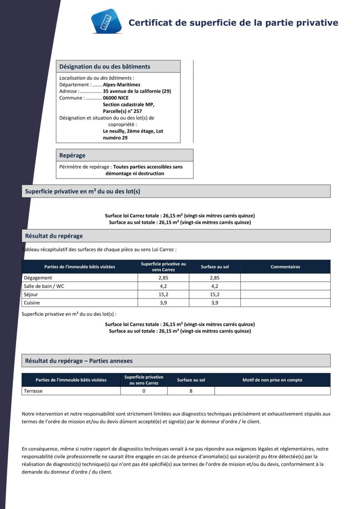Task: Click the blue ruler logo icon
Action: pyautogui.click(x=107, y=21)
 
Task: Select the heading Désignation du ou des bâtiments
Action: pyautogui.click(x=104, y=67)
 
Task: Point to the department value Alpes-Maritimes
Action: pyautogui.click(x=121, y=84)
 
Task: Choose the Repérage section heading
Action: pyautogui.click(x=72, y=156)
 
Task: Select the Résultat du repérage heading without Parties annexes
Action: pyautogui.click(x=54, y=236)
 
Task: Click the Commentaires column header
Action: pyautogui.click(x=285, y=267)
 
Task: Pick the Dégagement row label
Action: pyautogui.click(x=38, y=278)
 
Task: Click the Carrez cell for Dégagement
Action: pyautogui.click(x=163, y=278)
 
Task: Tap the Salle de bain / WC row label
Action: pyautogui.click(x=44, y=286)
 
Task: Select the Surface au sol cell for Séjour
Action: pyautogui.click(x=215, y=294)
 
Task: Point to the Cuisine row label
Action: pyautogui.click(x=32, y=303)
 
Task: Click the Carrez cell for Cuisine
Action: pyautogui.click(x=163, y=303)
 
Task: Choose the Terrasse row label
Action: pyautogui.click(x=33, y=391)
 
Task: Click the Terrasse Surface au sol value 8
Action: pyautogui.click(x=191, y=391)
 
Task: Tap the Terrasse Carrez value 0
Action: pyautogui.click(x=144, y=391)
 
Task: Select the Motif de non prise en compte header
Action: pyautogui.click(x=272, y=380)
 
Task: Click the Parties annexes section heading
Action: pyautogui.click(x=79, y=361)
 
